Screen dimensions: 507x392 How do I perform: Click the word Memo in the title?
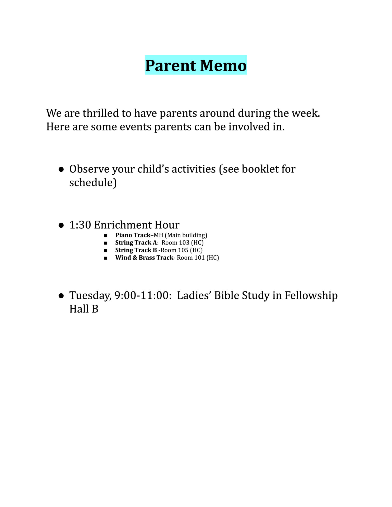(223, 65)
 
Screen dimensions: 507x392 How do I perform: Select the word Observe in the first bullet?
(89, 169)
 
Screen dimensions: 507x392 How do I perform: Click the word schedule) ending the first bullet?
(93, 183)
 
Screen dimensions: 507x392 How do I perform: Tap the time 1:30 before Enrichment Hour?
(80, 225)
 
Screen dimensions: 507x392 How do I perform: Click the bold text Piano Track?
(133, 235)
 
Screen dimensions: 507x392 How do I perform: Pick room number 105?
(183, 250)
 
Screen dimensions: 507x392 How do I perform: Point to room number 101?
(199, 258)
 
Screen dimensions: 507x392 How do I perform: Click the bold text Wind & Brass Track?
(144, 258)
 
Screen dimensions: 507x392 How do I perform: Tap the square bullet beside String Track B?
(106, 250)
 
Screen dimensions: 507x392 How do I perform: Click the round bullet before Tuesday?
(61, 296)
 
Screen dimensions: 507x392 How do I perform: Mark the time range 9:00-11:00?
(141, 296)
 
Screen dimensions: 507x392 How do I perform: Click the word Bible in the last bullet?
(226, 296)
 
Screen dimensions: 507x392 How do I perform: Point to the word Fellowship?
(311, 296)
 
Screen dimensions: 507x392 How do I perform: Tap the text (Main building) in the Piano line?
(186, 235)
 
